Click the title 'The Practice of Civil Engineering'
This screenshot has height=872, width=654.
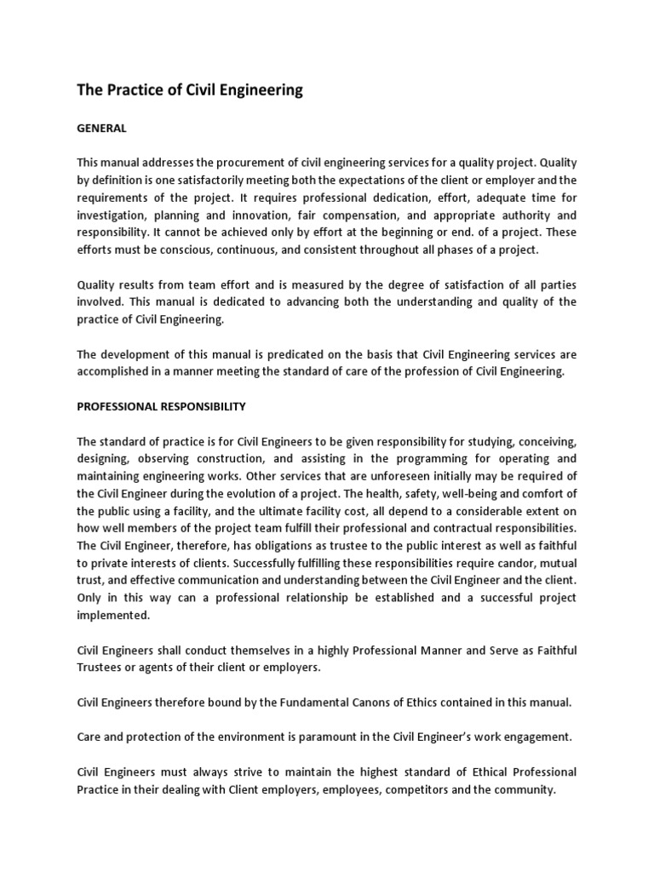[190, 89]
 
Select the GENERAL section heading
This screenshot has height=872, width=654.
[101, 128]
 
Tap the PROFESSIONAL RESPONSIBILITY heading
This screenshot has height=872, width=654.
[161, 406]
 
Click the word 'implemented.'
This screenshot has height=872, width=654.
[113, 615]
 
